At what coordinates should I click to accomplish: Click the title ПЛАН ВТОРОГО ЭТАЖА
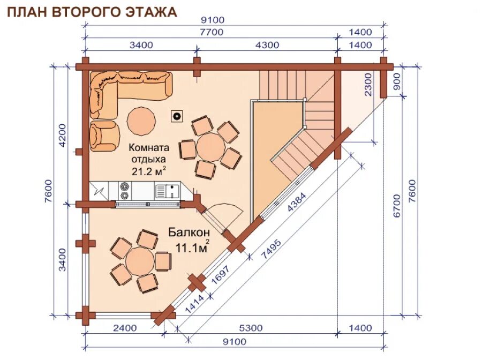point(92,12)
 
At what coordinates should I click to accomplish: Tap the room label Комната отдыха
point(149,153)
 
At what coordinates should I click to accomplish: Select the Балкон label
point(189,232)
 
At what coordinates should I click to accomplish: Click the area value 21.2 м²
point(149,171)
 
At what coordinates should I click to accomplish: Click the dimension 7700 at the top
point(212,32)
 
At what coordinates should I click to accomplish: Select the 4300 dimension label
point(267,45)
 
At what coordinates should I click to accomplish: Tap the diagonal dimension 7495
point(271,249)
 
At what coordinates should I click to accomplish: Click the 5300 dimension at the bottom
point(251,328)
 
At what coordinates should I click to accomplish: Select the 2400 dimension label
point(125,328)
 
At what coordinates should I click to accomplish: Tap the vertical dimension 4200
point(63,136)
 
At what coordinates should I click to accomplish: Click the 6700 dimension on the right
point(397,206)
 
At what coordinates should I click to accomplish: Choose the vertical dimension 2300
point(367,84)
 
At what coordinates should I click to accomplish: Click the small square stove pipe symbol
point(177,116)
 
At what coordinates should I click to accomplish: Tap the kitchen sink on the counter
point(168,191)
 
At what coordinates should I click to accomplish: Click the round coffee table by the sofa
point(141,121)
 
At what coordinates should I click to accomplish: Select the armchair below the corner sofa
point(104,136)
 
